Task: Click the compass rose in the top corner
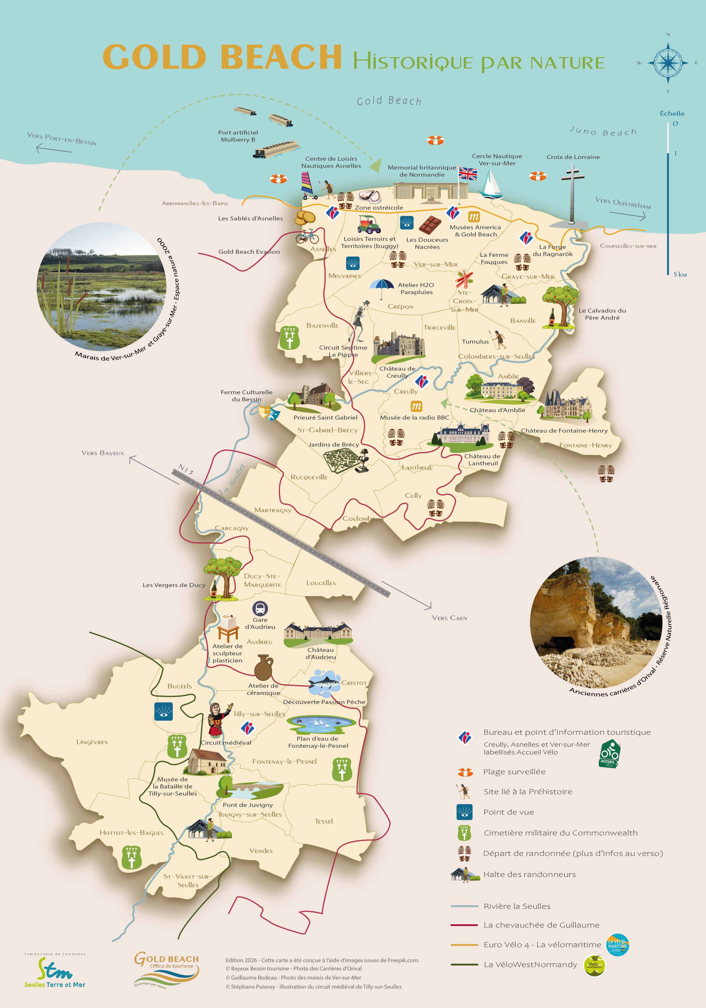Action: point(668,63)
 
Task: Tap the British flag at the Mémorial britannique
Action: point(468,173)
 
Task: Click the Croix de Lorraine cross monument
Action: point(573,193)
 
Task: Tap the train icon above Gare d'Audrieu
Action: point(260,608)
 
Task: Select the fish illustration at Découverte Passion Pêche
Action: point(324,683)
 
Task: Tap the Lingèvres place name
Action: point(92,742)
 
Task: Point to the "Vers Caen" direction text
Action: point(449,618)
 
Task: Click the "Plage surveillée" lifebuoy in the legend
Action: point(465,772)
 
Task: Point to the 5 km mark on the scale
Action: point(680,274)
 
